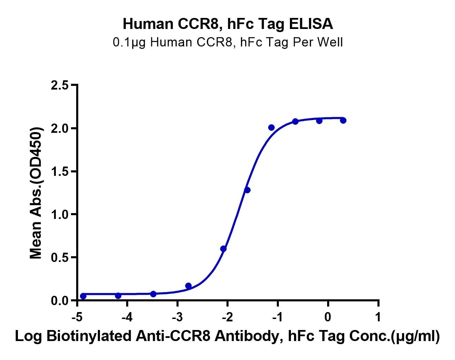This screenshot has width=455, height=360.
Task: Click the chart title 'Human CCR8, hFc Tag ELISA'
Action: (228, 24)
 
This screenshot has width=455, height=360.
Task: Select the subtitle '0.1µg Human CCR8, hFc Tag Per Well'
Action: (228, 42)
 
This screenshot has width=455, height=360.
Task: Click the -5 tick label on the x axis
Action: (76, 317)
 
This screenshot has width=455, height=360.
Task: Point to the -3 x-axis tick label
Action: (177, 317)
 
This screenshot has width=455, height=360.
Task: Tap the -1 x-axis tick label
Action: (277, 317)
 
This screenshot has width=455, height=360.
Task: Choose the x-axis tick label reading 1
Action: (378, 317)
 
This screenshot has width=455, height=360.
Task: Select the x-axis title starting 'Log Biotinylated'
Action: (228, 337)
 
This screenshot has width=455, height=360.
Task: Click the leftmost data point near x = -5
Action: (83, 296)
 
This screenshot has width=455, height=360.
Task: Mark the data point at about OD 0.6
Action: (223, 249)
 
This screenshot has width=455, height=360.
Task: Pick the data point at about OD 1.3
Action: (247, 190)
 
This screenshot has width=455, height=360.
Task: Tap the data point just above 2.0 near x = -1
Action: (271, 128)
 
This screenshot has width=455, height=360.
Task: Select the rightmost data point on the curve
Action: (343, 120)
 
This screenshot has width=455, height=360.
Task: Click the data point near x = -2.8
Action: (188, 286)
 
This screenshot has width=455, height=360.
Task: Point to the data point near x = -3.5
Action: (153, 294)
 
